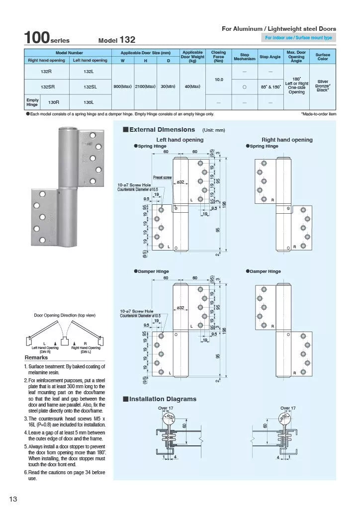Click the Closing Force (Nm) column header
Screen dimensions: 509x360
click(x=218, y=56)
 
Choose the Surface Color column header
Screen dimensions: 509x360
click(x=323, y=56)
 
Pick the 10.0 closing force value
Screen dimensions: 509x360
click(x=218, y=79)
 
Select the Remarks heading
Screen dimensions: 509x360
click(x=36, y=357)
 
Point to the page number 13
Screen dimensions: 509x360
click(x=13, y=499)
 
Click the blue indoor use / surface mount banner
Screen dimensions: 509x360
click(x=298, y=38)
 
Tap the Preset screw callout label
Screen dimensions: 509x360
click(x=162, y=177)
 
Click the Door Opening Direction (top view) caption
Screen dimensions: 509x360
click(x=65, y=315)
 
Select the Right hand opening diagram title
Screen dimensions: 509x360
click(x=287, y=140)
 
